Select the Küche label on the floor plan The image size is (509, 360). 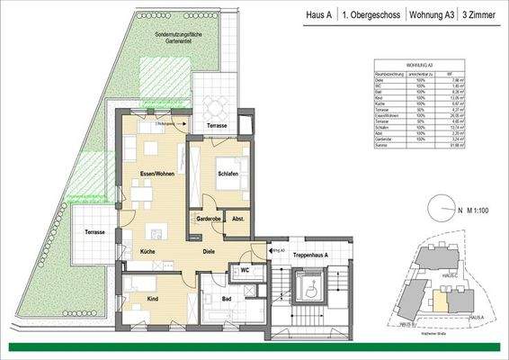coord(147,254)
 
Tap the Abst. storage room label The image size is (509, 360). coord(238,219)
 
